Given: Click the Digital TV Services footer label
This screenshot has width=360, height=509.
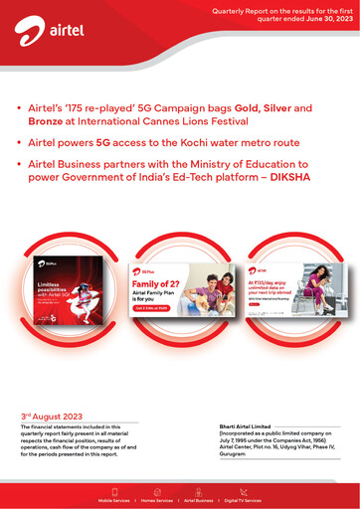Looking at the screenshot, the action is point(243,501).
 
